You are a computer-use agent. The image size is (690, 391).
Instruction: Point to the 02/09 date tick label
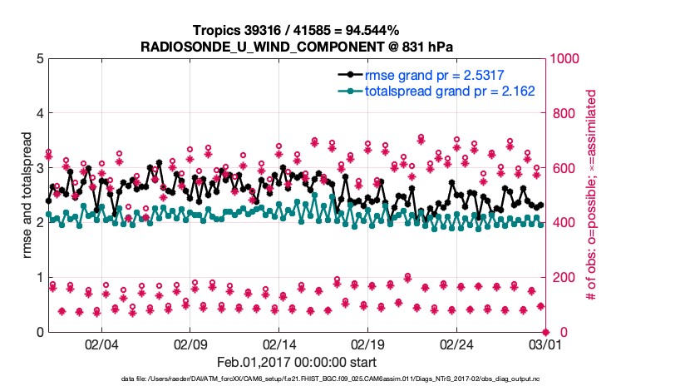(x=190, y=344)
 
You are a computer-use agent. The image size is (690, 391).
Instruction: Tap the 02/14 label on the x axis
(x=279, y=344)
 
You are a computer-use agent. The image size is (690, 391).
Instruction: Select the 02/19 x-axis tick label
(x=367, y=344)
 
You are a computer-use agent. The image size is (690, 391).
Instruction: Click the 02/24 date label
(x=456, y=344)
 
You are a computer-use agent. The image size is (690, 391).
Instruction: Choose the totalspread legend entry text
(x=449, y=91)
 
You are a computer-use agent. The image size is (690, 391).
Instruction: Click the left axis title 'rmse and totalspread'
(x=27, y=195)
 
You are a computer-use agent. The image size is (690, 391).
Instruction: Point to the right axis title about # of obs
(x=592, y=195)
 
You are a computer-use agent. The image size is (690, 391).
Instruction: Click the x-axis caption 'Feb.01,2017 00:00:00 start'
(x=296, y=362)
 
